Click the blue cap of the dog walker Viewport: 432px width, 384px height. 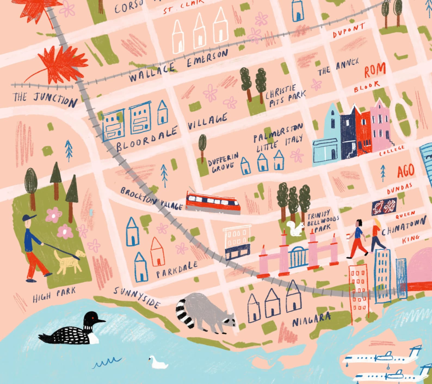[29, 217]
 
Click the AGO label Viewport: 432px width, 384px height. [405, 171]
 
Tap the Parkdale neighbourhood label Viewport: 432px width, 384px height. [177, 269]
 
